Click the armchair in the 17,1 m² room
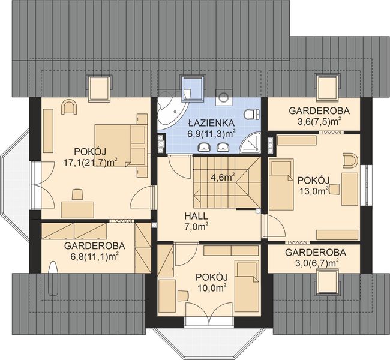coord(69,107)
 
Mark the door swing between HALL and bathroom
coord(179,166)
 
